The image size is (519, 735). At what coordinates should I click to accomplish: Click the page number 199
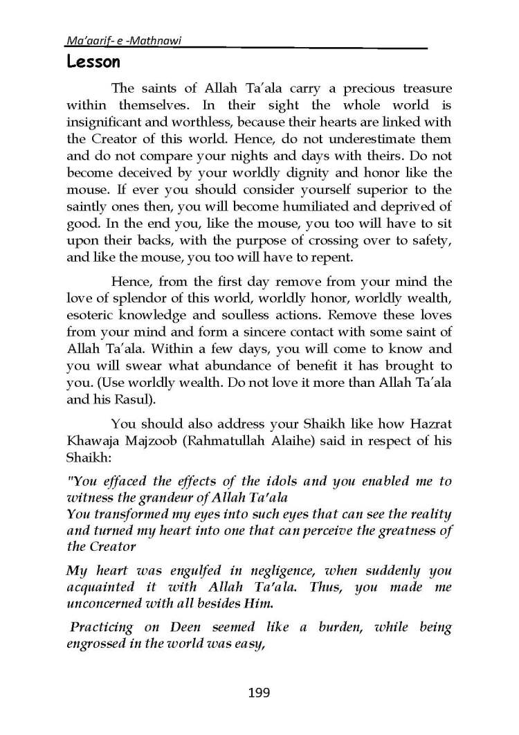coord(258,692)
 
